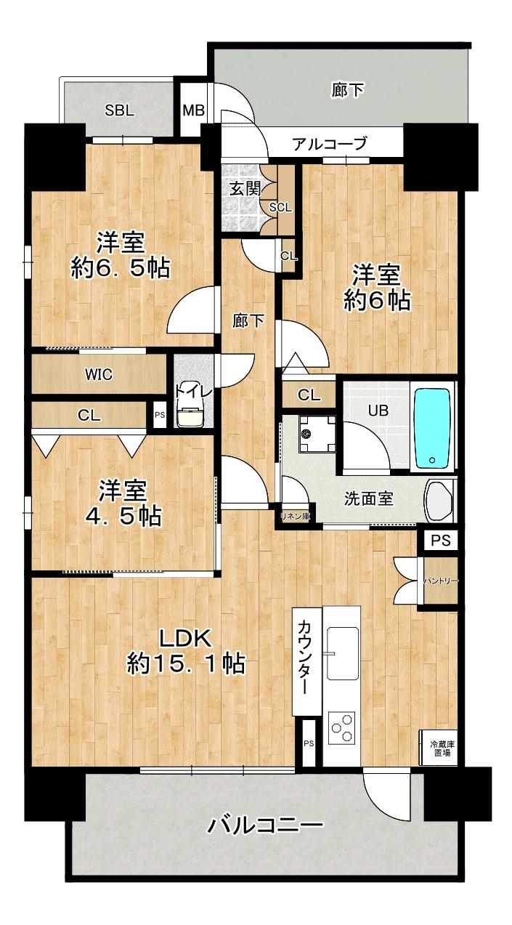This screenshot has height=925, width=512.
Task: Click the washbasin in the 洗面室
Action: pos(439,500)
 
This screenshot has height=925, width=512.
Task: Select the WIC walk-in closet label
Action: pos(98,375)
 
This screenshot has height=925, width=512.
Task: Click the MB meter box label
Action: pos(193,110)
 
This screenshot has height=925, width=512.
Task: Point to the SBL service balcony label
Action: pos(119,110)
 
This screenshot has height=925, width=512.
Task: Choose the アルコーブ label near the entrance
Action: pos(329,143)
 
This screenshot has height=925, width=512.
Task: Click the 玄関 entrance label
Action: pos(240,188)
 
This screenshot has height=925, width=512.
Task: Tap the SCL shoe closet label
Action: pos(280,206)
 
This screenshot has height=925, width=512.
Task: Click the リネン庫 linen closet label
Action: pos(296,516)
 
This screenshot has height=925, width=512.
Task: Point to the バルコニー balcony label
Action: pos(265,825)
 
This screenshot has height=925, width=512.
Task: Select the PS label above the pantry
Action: pos(440,541)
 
